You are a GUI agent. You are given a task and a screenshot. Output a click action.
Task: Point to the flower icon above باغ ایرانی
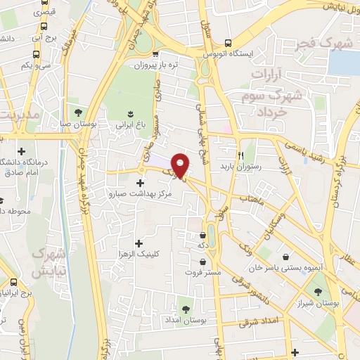click(131, 112)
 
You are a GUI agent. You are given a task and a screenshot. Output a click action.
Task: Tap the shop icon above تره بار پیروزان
click(156, 54)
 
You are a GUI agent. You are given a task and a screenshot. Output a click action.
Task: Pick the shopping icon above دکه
click(203, 235)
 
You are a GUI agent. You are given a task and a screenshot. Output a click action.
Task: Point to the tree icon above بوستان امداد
click(186, 309)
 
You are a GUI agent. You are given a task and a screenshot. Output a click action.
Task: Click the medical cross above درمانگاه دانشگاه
click(22, 151)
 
